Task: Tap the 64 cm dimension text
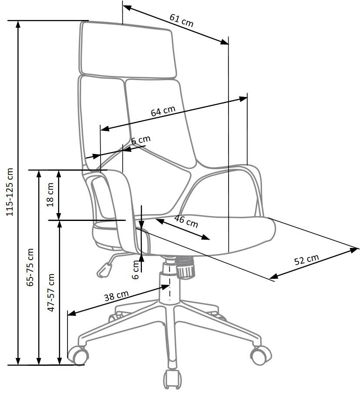163,111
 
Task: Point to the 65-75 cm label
30,267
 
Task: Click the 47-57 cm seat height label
51,292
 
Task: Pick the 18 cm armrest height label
50,195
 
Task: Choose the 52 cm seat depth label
306,260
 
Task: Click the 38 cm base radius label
116,296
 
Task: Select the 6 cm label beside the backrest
141,140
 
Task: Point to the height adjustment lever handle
104,270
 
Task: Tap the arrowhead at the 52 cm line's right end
354,249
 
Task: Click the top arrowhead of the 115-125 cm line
18,24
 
